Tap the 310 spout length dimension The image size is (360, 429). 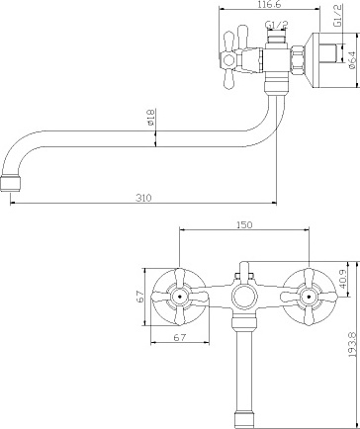143,198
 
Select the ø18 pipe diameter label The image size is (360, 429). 150,118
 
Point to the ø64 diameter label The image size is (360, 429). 351,60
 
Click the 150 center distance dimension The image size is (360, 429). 244,224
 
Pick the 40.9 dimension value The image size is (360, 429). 344,279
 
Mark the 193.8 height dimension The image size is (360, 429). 352,345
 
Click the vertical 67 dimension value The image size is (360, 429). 140,297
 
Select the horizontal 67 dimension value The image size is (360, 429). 180,337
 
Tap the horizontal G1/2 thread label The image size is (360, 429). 277,25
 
